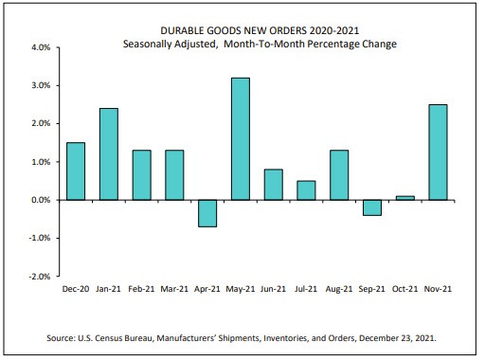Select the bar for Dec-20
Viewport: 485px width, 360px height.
(x=76, y=171)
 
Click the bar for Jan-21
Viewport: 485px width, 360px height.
(x=108, y=154)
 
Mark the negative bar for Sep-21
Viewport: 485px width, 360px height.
(x=373, y=207)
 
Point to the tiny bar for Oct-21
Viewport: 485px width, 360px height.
(x=406, y=198)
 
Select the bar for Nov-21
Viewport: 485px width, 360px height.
(x=439, y=153)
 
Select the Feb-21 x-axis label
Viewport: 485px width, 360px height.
(x=141, y=288)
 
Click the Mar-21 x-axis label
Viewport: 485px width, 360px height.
(x=174, y=288)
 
